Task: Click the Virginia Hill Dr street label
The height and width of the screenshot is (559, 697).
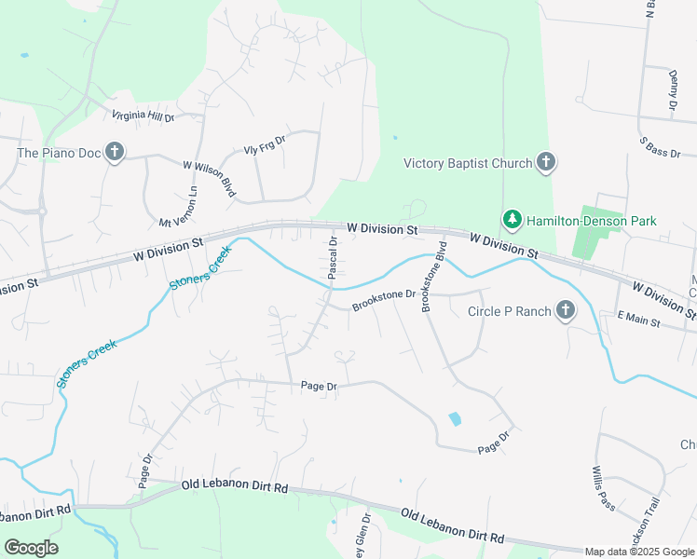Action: click(x=143, y=116)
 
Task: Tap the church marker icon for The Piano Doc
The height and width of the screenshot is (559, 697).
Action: click(x=115, y=152)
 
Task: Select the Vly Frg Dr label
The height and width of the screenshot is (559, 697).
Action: click(x=264, y=143)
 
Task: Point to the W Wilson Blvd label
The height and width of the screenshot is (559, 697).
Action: click(x=210, y=177)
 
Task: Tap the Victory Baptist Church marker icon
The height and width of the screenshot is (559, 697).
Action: click(x=546, y=163)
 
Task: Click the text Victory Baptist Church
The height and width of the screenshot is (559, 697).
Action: click(x=467, y=164)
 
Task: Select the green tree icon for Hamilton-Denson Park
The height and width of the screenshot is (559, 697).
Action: click(x=512, y=220)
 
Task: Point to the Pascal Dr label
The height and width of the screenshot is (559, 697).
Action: click(x=333, y=257)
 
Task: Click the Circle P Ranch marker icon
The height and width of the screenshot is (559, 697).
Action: click(x=566, y=310)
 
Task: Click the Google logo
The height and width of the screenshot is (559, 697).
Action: click(x=32, y=547)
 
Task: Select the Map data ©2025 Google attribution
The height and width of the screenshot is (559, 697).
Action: click(x=640, y=552)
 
